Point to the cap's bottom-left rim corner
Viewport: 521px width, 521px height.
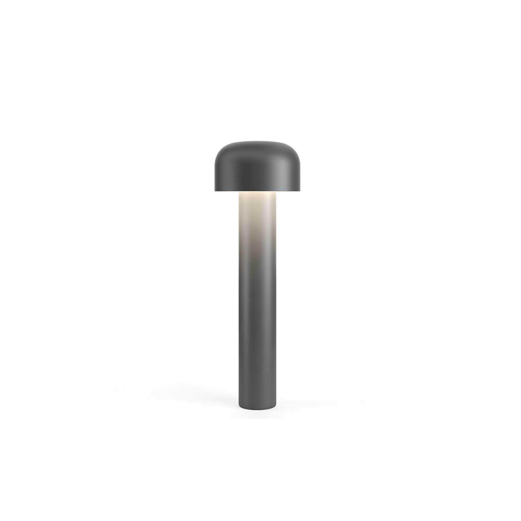coord(215,191)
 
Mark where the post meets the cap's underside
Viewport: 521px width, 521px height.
coord(258,192)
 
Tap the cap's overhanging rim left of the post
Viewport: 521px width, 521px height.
coord(227,190)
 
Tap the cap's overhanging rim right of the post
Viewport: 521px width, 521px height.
coord(289,190)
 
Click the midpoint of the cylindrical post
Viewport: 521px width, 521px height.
coord(258,305)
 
